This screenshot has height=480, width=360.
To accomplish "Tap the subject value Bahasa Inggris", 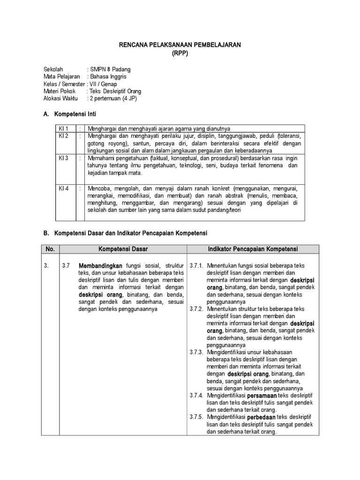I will [x=108, y=76].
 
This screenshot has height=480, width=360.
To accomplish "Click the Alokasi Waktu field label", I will [x=61, y=99].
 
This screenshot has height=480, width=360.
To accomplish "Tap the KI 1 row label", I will [x=63, y=128].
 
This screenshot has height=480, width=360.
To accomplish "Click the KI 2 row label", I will [x=63, y=136].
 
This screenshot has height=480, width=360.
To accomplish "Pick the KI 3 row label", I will [x=63, y=158].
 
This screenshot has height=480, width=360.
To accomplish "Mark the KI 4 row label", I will [x=63, y=188].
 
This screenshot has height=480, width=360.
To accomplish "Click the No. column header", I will [x=50, y=249].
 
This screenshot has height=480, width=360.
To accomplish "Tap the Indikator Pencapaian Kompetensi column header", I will [x=253, y=249].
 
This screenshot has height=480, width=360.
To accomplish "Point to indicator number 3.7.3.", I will [x=196, y=352].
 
